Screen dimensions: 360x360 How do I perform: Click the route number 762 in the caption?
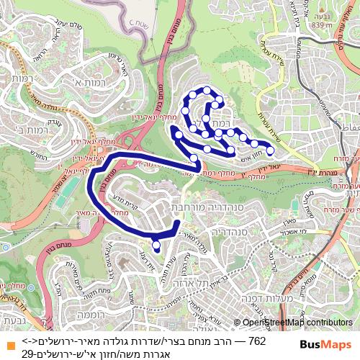point(256,340)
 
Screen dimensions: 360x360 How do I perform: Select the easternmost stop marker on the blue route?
point(271,150)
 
